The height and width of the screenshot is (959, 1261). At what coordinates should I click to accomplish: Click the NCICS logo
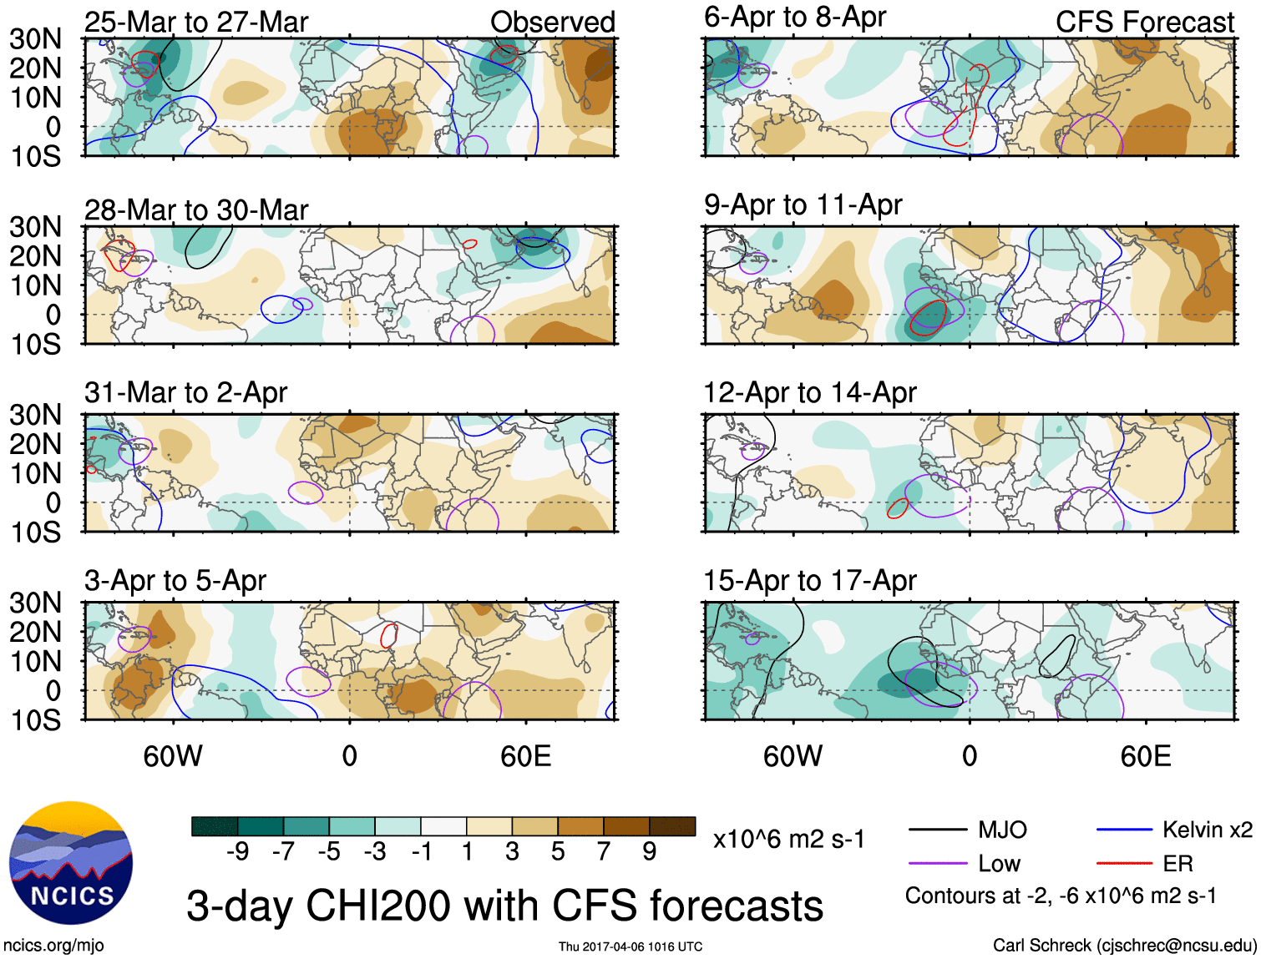pos(71,863)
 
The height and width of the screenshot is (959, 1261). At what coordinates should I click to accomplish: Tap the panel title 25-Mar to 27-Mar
pos(196,22)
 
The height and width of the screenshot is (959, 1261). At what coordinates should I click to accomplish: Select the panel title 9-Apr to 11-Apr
pos(803,204)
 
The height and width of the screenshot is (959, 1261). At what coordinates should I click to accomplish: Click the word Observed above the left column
pos(552,23)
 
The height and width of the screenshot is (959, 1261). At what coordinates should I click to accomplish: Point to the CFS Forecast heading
pos(1144,23)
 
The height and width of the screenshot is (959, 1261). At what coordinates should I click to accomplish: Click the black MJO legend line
pos(937,830)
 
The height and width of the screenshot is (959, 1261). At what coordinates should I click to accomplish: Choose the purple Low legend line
pos(937,864)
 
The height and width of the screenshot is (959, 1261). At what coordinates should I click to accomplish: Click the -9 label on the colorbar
pos(237,851)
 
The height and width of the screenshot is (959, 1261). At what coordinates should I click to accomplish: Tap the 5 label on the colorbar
pos(557,851)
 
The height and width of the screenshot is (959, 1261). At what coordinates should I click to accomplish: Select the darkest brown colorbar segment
pos(672,826)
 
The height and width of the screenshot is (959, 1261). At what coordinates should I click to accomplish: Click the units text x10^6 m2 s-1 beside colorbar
pos(788,839)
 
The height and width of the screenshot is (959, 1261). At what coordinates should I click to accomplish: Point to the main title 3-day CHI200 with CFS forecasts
pos(504,906)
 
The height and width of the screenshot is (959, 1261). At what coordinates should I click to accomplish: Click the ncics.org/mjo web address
pos(53,946)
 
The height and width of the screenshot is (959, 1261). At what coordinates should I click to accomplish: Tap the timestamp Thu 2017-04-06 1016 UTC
pos(630,946)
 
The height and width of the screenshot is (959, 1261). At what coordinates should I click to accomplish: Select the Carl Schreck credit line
pos(1124,945)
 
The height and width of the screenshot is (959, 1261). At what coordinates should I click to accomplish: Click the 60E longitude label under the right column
pos(1145,756)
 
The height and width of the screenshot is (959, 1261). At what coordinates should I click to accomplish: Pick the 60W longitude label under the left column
pos(173,756)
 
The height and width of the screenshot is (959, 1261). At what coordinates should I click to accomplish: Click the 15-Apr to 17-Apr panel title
pos(810,580)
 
